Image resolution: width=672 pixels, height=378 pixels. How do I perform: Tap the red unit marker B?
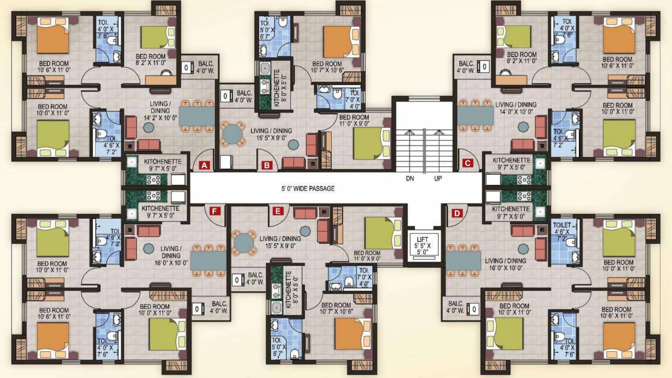tap(267, 164)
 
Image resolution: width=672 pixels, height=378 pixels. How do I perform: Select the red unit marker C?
tap(467, 163)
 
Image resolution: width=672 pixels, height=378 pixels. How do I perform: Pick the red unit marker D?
tap(457, 213)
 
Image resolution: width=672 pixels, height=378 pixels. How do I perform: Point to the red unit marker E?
tap(277, 211)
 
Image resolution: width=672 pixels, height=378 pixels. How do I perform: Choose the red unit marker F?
tap(215, 211)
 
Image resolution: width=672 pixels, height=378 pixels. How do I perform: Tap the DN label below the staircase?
tap(410, 178)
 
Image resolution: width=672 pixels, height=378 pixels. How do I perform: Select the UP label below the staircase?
tap(438, 178)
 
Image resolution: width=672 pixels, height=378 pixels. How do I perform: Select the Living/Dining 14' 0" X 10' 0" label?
tap(516, 108)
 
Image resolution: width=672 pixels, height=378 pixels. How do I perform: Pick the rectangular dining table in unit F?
tap(208, 260)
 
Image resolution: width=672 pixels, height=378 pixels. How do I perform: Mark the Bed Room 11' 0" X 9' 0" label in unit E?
tap(367, 256)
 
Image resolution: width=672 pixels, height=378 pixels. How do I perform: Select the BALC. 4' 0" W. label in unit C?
tap(466, 67)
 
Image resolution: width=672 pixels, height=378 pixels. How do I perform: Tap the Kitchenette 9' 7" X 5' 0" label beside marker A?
tap(161, 165)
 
